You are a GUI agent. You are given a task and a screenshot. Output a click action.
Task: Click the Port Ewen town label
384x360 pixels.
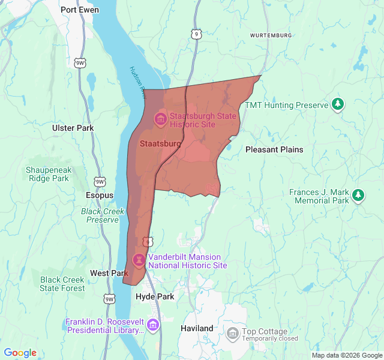[x=80, y=10]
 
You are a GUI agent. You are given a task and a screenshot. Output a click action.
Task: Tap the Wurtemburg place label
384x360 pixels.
[x=271, y=35]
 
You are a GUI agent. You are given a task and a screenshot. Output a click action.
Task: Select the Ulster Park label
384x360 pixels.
[x=73, y=128]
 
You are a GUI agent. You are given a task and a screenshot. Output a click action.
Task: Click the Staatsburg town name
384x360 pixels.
[x=160, y=144]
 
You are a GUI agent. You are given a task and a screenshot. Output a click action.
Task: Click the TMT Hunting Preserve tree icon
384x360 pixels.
[x=338, y=105]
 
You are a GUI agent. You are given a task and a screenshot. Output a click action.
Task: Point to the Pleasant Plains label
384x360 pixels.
[x=274, y=149]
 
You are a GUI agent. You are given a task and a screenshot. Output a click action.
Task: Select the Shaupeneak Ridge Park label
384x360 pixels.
[x=48, y=174]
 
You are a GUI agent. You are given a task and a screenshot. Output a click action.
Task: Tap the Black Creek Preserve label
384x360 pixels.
[x=103, y=215]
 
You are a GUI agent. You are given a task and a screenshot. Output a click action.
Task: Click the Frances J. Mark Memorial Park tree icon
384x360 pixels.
[x=358, y=195]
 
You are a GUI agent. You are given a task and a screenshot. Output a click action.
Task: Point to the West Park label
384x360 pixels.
[x=109, y=273]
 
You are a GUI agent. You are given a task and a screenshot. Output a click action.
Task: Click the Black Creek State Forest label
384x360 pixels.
[x=62, y=284]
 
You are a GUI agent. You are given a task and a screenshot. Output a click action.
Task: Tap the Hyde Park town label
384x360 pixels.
[x=155, y=297]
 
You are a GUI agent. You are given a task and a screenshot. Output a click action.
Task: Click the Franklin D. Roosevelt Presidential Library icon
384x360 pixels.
[x=153, y=325]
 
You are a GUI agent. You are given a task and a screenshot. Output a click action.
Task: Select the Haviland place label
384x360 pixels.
[x=197, y=328]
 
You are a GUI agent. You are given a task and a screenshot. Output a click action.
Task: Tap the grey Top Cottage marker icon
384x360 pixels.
[x=233, y=332]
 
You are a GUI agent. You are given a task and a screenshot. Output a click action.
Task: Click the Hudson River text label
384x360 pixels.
[x=138, y=82]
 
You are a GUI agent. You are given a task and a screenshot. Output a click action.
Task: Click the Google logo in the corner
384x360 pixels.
[x=20, y=353]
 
